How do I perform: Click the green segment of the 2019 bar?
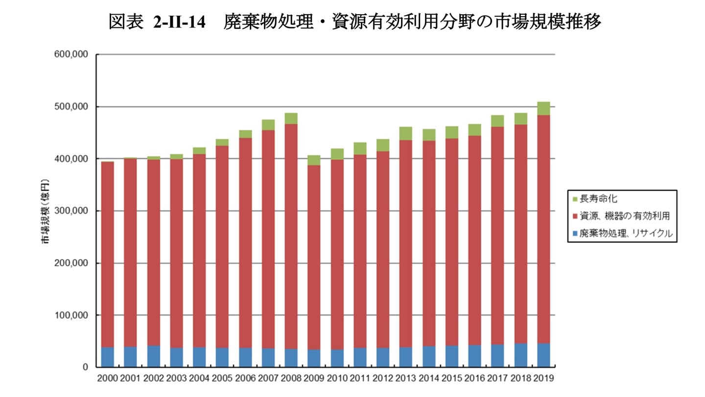pyautogui.click(x=543, y=108)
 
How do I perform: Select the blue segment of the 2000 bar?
pyautogui.click(x=107, y=357)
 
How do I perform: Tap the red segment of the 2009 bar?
pyautogui.click(x=314, y=257)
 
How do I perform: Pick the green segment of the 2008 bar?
pyautogui.click(x=291, y=118)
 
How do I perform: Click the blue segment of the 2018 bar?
pyautogui.click(x=520, y=355)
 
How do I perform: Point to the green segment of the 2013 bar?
pyautogui.click(x=405, y=133)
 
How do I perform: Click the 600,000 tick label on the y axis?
pyautogui.click(x=71, y=55)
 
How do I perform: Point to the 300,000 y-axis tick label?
pyautogui.click(x=71, y=211)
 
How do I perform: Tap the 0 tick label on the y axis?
pyautogui.click(x=85, y=367)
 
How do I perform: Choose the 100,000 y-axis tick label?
pyautogui.click(x=71, y=315)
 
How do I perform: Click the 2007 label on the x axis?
pyautogui.click(x=268, y=378)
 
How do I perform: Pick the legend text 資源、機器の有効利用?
pyautogui.click(x=624, y=216)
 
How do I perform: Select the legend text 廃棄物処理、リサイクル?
pyautogui.click(x=626, y=233)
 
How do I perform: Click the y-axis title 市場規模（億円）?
pyautogui.click(x=45, y=211)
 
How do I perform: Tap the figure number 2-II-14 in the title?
pyautogui.click(x=179, y=22)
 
